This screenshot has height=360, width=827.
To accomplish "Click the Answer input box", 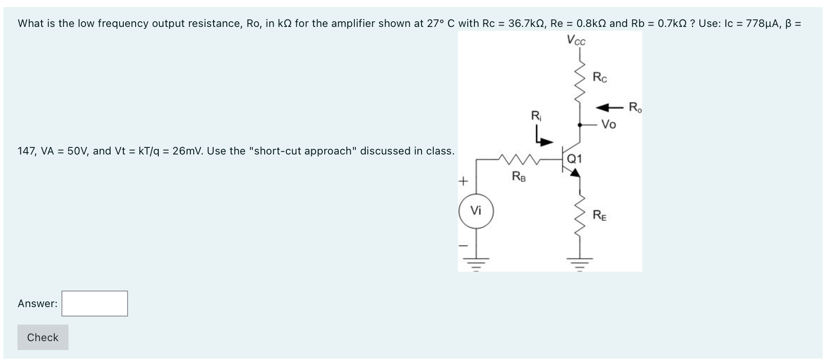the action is point(95,303).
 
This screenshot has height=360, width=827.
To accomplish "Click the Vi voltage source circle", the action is point(476,211).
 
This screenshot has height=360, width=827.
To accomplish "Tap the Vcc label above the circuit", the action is point(576,41).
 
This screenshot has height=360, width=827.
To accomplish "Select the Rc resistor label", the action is point(600,77).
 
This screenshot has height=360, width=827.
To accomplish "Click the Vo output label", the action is point(609,125).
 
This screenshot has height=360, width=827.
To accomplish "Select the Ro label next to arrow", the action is point(636,107).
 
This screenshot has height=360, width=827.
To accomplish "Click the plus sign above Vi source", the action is point(464,180).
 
